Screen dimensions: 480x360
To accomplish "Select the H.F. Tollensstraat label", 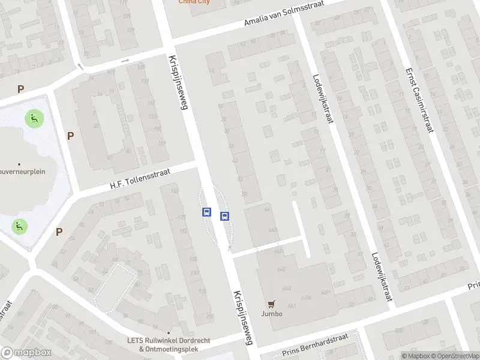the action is (x=140, y=179).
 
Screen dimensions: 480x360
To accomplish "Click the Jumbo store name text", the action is (x=271, y=313).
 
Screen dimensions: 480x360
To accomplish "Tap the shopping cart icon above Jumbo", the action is (x=271, y=304).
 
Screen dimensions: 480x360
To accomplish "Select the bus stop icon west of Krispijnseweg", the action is (x=206, y=212).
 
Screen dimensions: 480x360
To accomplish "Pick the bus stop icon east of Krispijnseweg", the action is (x=225, y=217).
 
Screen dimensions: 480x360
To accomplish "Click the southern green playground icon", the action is (x=19, y=226).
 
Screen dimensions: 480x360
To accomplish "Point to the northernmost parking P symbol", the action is (x=20, y=89).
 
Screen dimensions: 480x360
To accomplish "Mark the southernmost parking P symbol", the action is (x=59, y=232).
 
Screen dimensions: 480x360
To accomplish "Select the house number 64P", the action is (x=325, y=292).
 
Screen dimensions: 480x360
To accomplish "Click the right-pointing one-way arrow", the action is (x=125, y=61).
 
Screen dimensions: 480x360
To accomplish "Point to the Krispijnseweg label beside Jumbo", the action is (x=243, y=317).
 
